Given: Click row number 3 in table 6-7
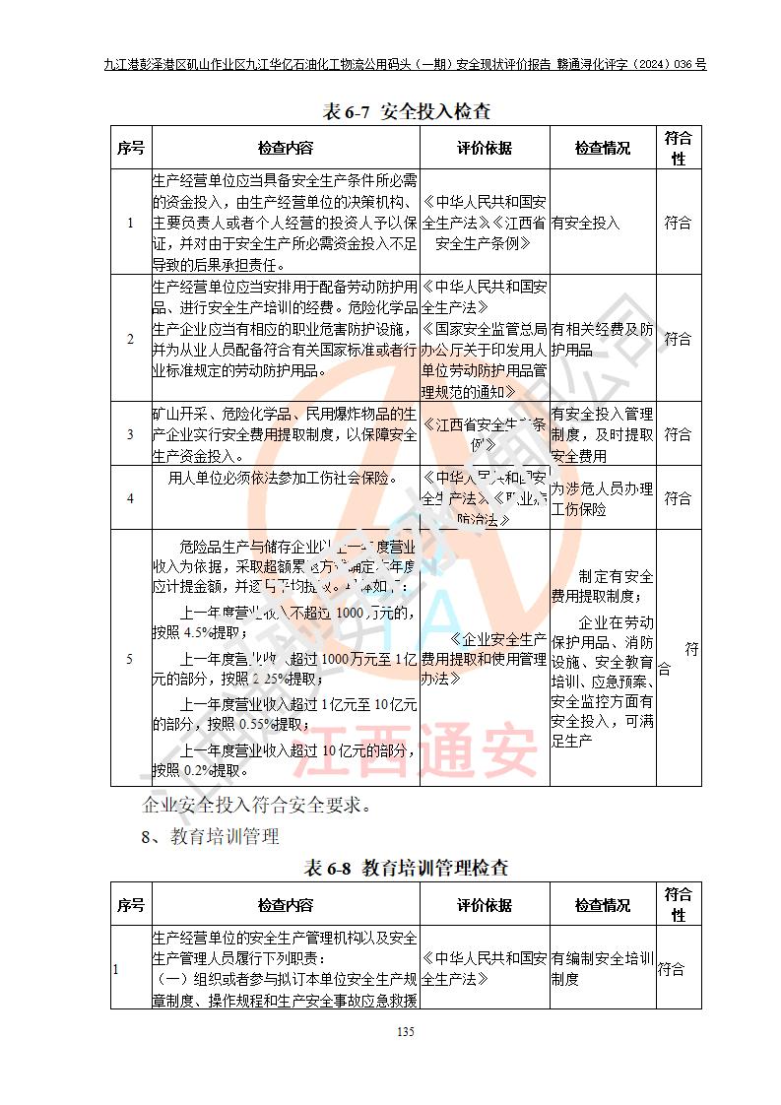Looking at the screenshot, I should click(130, 434).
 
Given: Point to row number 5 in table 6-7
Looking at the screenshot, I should click(130, 659).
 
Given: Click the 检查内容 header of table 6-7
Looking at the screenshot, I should click(286, 149).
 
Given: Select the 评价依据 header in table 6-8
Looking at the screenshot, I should click(485, 905).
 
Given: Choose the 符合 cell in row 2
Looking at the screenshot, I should click(678, 339).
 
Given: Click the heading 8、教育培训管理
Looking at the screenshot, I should click(211, 837).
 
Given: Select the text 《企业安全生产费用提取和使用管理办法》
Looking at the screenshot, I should click(484, 659).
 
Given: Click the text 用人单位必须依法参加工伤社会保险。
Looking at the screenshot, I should click(283, 480).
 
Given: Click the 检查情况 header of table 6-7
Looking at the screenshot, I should click(602, 149).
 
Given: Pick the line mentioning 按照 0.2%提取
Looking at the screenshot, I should click(197, 770).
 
